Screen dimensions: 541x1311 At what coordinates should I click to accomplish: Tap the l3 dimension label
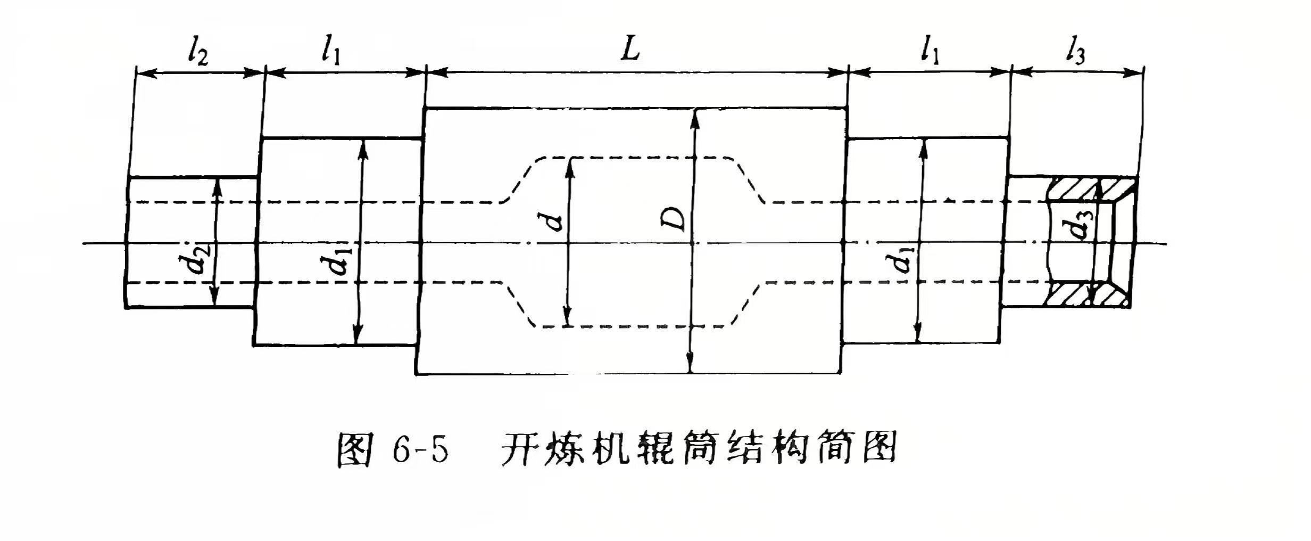[x=1075, y=53]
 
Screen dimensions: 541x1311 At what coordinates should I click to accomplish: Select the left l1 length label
[x=330, y=52]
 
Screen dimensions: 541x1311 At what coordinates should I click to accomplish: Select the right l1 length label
[x=929, y=52]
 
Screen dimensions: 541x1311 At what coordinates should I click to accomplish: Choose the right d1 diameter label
[x=903, y=259]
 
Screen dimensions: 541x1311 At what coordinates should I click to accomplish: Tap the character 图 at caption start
[x=354, y=453]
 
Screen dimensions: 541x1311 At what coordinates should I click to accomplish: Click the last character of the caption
[x=878, y=453]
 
